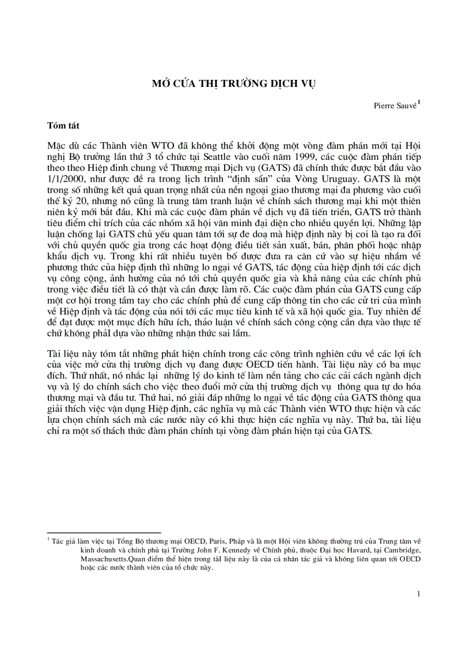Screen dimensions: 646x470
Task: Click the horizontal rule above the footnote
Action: coord(104,533)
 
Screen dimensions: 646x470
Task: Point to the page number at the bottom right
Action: coord(419,594)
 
